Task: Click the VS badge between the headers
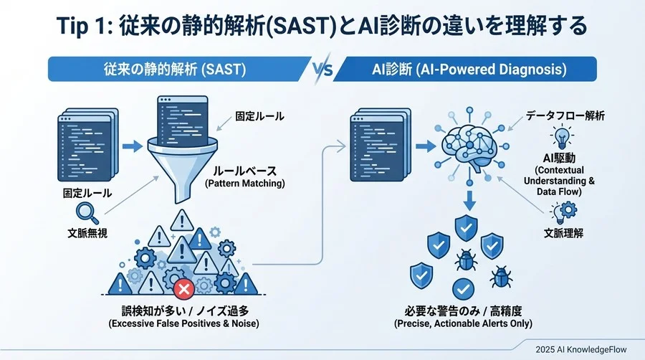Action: tap(323, 70)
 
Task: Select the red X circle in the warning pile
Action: tap(183, 289)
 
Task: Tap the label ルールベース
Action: tap(244, 171)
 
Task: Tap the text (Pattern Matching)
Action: tap(244, 185)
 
